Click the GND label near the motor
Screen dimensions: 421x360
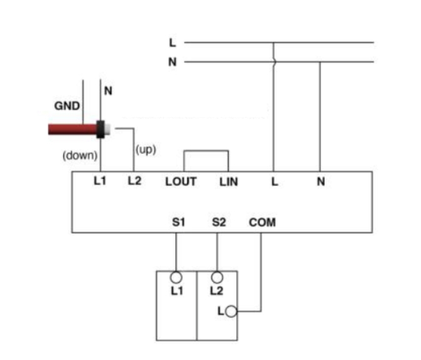tap(67, 106)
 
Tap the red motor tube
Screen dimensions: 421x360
tap(72, 129)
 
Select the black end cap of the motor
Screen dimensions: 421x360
tap(101, 129)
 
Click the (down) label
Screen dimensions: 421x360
tap(80, 156)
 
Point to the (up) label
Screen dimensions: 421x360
tap(146, 149)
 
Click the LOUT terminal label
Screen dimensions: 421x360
tap(181, 182)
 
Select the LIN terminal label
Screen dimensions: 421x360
tap(229, 182)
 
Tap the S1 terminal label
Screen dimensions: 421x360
tap(179, 222)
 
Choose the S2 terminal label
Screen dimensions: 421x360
tap(219, 222)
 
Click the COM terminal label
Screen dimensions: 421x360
tap(262, 222)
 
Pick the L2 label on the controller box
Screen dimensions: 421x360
tap(134, 181)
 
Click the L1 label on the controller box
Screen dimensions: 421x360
tap(100, 181)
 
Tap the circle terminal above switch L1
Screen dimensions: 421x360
tap(176, 277)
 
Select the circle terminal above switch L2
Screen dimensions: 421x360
tap(217, 277)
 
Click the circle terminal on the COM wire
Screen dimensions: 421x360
tap(231, 312)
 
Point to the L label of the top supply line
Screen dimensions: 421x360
tap(172, 42)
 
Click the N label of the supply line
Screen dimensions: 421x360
tap(172, 62)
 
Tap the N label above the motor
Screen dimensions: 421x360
tap(108, 91)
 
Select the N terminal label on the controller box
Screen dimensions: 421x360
tap(321, 182)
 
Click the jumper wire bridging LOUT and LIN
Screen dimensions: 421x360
tap(206, 151)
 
